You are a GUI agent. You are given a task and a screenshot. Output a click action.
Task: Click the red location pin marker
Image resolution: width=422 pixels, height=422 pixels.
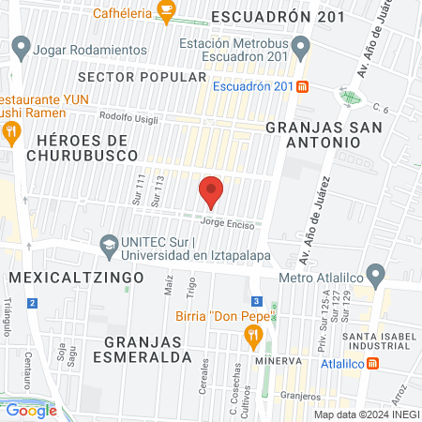[211, 191]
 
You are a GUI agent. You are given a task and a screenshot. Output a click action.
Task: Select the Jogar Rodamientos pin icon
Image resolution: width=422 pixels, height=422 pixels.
[23, 48]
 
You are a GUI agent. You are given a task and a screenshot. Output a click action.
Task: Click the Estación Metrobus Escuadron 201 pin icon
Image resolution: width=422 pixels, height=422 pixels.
[300, 45]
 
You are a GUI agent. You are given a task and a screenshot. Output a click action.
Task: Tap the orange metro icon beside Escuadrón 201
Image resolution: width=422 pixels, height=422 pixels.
[302, 87]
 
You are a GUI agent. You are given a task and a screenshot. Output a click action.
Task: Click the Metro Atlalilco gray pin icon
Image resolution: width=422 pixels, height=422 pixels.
[376, 276]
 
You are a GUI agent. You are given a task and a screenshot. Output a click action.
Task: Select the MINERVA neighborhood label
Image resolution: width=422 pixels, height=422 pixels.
[278, 361]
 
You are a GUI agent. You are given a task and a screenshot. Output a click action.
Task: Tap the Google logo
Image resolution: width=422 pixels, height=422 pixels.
[31, 410]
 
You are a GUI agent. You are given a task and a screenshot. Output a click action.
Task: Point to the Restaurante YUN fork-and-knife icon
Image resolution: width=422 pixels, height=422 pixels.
[11, 132]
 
